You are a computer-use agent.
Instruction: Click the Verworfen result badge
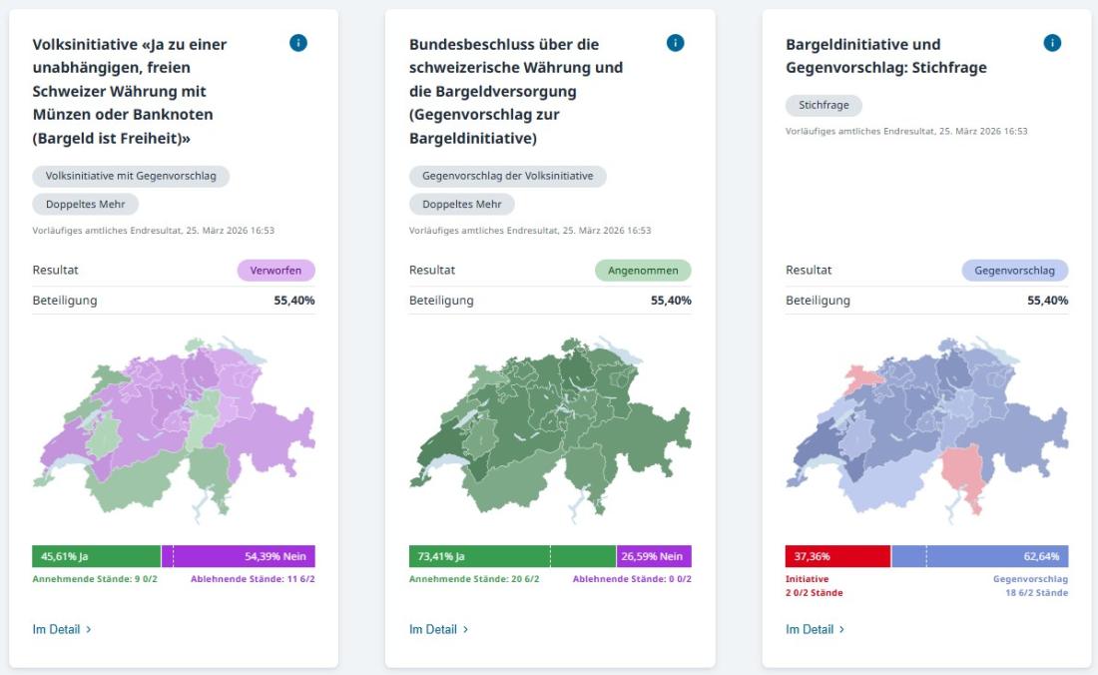click(275, 271)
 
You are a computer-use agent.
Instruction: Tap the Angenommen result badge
click(643, 271)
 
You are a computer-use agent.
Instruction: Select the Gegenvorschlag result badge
click(1015, 271)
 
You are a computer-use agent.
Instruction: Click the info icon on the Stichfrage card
click(1052, 43)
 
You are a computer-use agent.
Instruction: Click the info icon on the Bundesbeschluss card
click(675, 43)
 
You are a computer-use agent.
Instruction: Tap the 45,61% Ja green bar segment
click(97, 556)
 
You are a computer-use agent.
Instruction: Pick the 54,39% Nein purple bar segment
click(239, 556)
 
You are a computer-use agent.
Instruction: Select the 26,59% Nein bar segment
click(654, 556)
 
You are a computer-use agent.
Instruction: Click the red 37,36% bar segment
click(838, 556)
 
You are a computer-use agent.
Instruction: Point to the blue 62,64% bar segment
click(980, 556)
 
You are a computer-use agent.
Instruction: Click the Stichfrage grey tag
click(823, 105)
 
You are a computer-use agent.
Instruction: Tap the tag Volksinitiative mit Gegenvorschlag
click(131, 176)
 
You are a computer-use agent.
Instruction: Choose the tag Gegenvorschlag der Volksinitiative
click(508, 176)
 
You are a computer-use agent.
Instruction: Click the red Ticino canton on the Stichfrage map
click(965, 469)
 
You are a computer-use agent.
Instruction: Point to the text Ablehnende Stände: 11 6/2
click(253, 579)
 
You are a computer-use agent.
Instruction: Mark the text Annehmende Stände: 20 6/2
click(474, 579)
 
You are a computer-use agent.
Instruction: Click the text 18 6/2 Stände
click(1037, 592)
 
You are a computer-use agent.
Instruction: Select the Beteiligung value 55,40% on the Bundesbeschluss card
click(671, 301)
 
